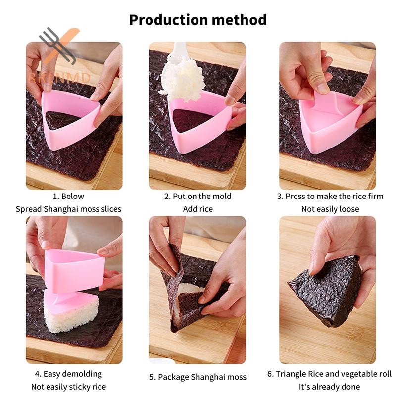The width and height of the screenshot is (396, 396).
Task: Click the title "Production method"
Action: coord(198,20)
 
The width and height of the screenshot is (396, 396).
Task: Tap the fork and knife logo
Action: coord(59,45)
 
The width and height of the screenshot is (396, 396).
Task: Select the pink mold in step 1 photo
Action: coord(71,119)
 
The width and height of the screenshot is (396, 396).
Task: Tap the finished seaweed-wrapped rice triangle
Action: coord(326,291)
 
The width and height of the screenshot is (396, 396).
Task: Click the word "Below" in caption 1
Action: coord(72,196)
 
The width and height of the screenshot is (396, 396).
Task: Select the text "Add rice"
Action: coord(198,209)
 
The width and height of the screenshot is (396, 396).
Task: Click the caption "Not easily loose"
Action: coord(330,209)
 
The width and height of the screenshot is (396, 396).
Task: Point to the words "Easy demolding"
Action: coord(73,374)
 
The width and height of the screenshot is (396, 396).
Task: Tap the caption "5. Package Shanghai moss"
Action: coord(198,377)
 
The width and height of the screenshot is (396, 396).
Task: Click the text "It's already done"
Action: coord(329,387)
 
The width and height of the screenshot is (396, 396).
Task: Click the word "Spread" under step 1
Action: coord(29,209)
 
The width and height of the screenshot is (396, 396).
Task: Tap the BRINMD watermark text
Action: coord(59,78)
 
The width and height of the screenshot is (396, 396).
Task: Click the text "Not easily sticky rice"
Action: coord(68,387)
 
